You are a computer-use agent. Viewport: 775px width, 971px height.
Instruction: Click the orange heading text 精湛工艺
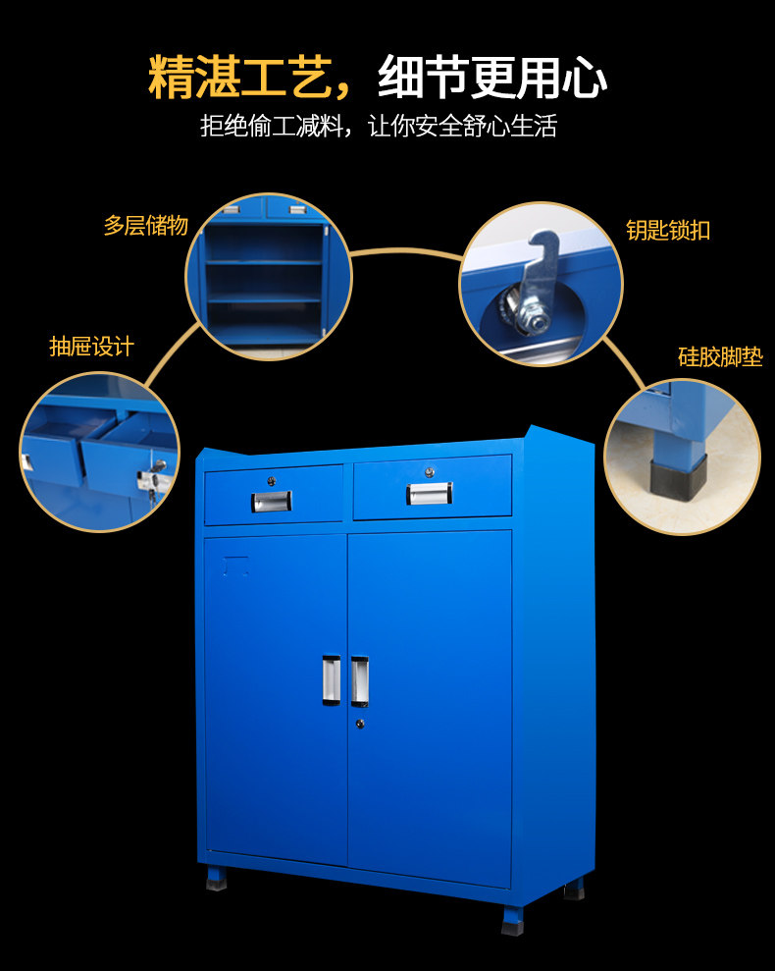(x=241, y=79)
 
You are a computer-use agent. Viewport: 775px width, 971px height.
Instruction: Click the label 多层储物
(x=145, y=226)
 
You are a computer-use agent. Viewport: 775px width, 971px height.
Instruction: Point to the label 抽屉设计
(x=91, y=347)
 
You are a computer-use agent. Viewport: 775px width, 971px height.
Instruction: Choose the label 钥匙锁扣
(x=668, y=231)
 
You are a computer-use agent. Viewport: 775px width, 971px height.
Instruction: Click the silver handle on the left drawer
(x=272, y=501)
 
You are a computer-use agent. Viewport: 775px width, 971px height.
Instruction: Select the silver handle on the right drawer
(x=429, y=493)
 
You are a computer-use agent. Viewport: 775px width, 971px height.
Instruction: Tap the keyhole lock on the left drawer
(x=272, y=480)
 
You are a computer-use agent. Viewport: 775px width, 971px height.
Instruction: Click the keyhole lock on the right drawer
(x=429, y=472)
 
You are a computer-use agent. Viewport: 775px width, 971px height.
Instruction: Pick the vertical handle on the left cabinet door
(x=331, y=679)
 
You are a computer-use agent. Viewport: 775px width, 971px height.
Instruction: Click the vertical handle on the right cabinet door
(x=360, y=681)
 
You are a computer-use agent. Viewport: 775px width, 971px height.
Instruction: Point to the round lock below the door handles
(x=360, y=724)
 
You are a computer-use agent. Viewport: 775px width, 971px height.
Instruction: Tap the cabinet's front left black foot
(x=216, y=880)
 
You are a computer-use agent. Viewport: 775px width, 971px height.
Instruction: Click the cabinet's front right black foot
(x=512, y=920)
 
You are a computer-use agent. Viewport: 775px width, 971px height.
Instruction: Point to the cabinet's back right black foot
(x=574, y=890)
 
